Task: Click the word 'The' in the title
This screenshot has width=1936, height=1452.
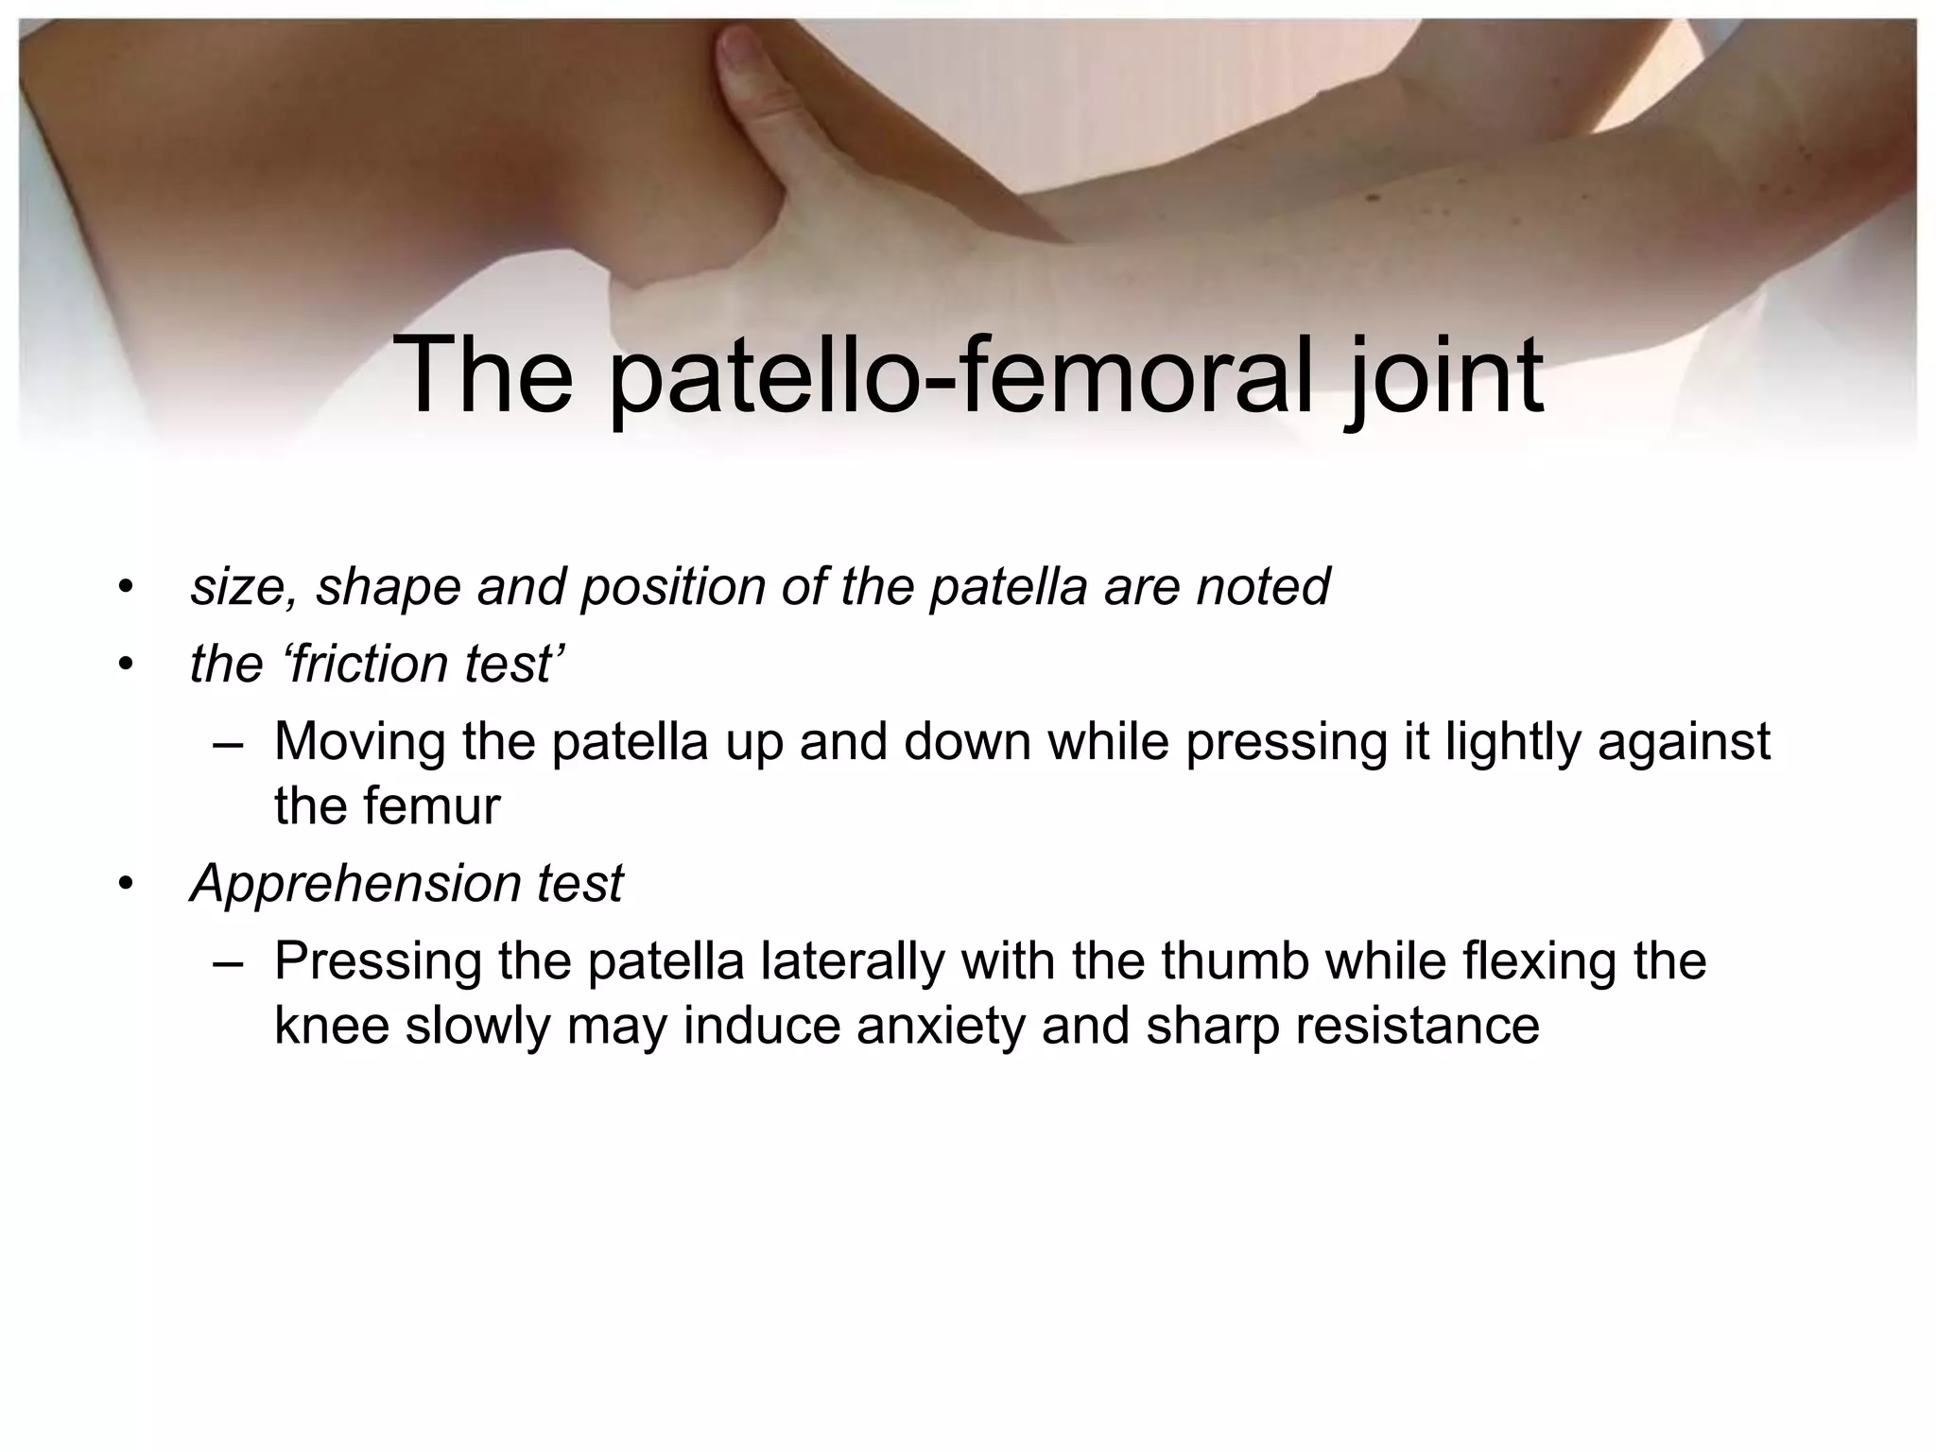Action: [x=482, y=375]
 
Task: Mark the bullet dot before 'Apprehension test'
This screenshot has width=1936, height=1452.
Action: [x=126, y=886]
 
